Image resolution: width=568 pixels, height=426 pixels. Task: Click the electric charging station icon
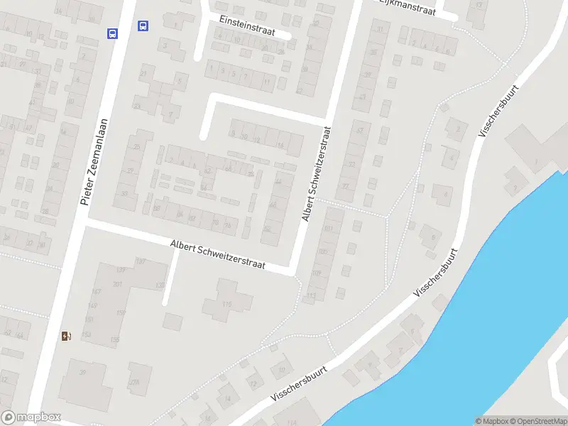(x=66, y=336)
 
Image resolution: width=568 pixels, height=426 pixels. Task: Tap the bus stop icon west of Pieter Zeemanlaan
(x=112, y=33)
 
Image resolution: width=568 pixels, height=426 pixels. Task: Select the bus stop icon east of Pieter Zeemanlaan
(x=143, y=26)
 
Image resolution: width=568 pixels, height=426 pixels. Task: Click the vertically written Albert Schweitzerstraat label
(x=317, y=174)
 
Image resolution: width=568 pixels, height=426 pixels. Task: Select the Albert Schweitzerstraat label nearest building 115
(x=217, y=254)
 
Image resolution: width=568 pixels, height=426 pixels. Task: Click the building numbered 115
(x=226, y=304)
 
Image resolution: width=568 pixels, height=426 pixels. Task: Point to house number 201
(x=117, y=285)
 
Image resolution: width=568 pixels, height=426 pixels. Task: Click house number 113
(x=311, y=296)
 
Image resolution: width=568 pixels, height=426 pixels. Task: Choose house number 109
(x=316, y=273)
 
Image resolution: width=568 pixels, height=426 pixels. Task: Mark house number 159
(x=121, y=312)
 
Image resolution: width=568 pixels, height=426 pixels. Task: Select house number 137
(x=140, y=262)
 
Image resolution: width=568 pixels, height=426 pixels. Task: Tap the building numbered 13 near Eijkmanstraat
(x=480, y=6)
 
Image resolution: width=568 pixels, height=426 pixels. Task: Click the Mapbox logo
(x=31, y=417)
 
